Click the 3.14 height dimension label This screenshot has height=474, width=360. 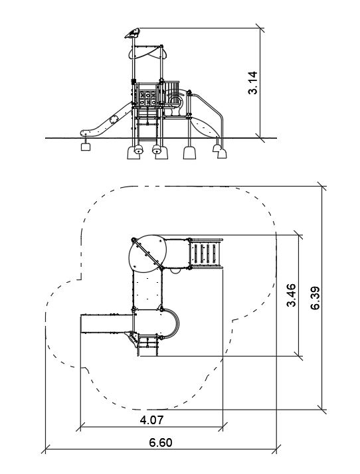coord(252,83)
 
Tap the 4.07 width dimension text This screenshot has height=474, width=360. coord(151,420)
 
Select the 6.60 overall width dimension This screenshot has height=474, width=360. coord(161,443)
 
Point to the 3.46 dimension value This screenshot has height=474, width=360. coord(292,295)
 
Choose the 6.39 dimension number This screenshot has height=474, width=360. coord(315,298)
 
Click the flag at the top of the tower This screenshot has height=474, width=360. coord(132,33)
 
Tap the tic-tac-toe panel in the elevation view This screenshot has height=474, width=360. coord(147,98)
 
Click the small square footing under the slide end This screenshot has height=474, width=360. coord(86,147)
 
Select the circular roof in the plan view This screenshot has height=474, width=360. coord(147,253)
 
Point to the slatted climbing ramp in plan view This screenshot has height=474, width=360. coord(205,253)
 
